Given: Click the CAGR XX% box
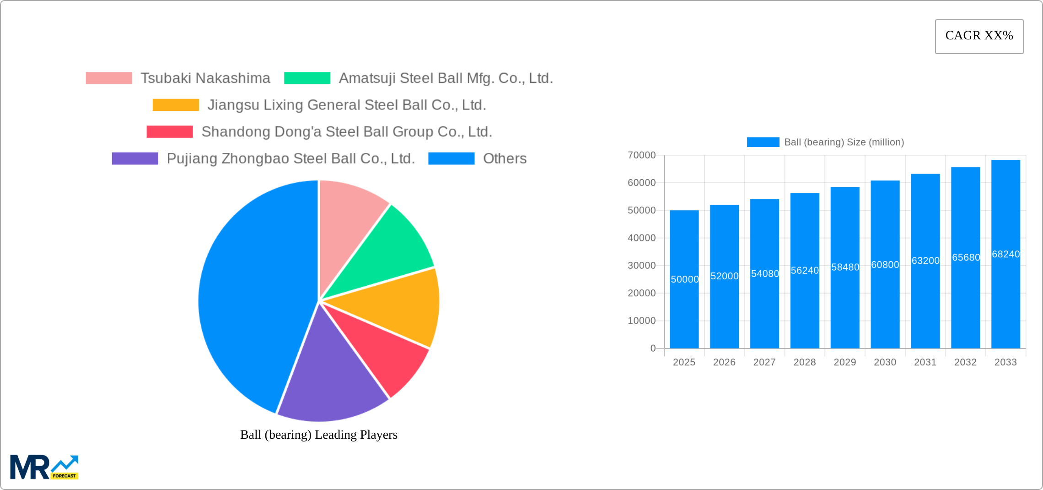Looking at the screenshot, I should [979, 36].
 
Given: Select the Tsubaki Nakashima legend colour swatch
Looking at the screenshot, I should [109, 78].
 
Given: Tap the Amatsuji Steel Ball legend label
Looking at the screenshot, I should [446, 78].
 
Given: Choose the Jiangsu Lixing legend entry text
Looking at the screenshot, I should [346, 105].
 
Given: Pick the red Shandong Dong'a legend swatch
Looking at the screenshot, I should [170, 132].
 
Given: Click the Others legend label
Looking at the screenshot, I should [505, 158].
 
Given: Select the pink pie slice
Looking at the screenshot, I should [348, 215].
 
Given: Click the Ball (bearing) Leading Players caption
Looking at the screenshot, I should [319, 435].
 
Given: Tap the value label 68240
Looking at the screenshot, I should [1005, 254].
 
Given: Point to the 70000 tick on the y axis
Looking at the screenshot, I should [641, 155].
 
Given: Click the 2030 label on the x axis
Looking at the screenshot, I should [885, 362].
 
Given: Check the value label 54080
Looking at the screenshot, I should [765, 273].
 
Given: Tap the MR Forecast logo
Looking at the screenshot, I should [44, 467].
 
